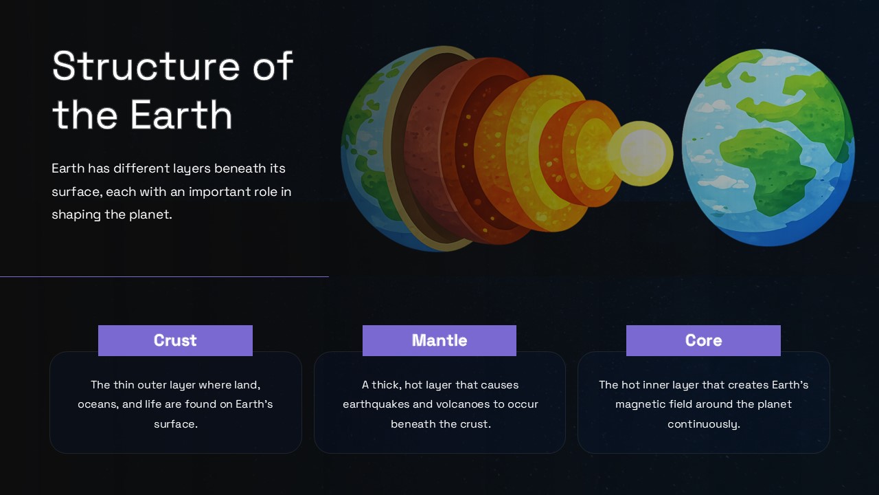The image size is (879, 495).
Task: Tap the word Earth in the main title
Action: pyautogui.click(x=182, y=115)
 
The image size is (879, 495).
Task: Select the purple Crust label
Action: pyautogui.click(x=175, y=340)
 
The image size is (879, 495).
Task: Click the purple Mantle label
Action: pyautogui.click(x=439, y=340)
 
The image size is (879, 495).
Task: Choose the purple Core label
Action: pyautogui.click(x=703, y=340)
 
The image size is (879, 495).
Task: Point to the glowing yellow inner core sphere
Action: pyautogui.click(x=641, y=153)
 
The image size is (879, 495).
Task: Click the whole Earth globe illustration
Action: pyautogui.click(x=768, y=147)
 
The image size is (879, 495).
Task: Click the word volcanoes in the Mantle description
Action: pyautogui.click(x=461, y=404)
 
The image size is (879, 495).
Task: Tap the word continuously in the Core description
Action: pyautogui.click(x=703, y=424)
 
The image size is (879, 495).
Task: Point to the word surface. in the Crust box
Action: pyautogui.click(x=175, y=424)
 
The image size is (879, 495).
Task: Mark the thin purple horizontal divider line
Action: pyautogui.click(x=164, y=276)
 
